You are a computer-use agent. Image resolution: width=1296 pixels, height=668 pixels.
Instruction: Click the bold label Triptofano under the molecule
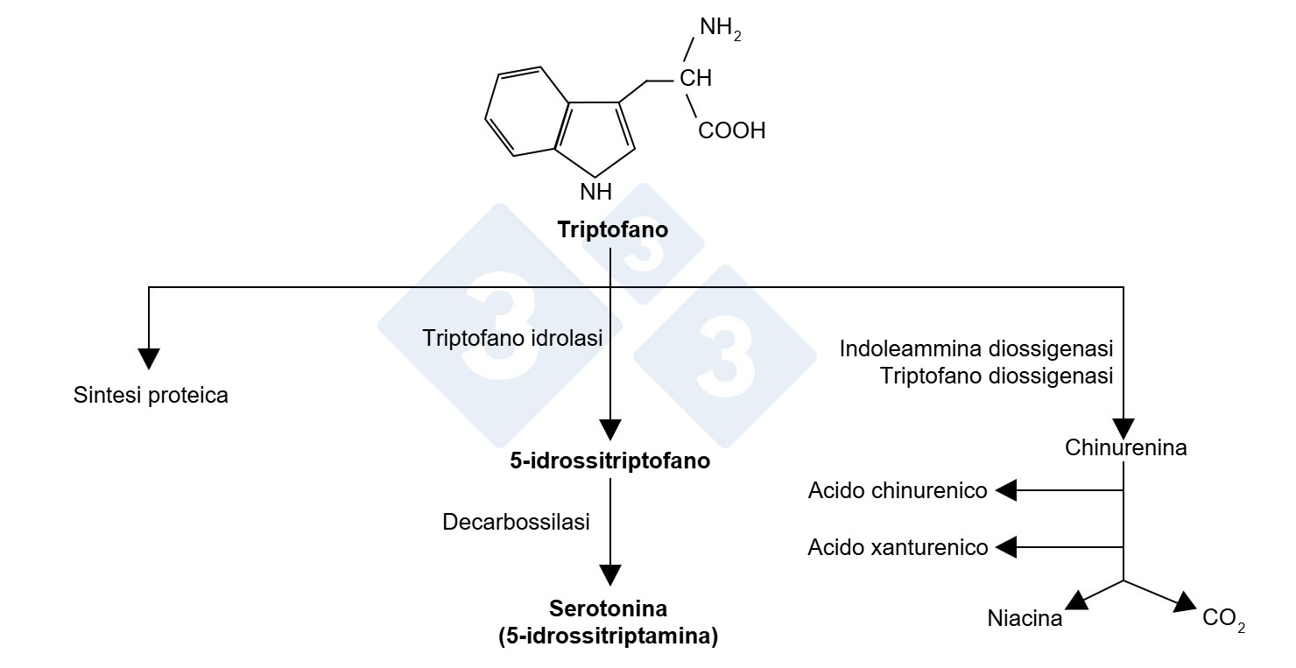[613, 230]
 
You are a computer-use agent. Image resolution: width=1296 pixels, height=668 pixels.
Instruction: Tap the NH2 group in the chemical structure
[721, 28]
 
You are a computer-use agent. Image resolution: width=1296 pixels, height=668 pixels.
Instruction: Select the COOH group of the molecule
[732, 130]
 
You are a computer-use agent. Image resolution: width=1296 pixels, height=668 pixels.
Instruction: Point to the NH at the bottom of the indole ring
[596, 192]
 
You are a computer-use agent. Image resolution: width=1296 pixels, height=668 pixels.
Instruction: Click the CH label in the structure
[695, 78]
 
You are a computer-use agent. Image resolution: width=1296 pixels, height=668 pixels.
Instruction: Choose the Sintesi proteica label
[151, 396]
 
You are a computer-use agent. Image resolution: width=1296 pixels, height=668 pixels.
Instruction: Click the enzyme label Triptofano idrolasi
[512, 338]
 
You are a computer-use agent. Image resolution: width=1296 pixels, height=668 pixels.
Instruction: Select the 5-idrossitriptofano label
[609, 461]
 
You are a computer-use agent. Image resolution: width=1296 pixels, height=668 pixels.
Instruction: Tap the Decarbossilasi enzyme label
[516, 522]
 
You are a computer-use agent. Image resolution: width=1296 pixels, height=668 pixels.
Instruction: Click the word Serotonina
[608, 608]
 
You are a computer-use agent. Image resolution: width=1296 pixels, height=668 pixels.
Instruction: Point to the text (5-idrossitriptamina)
[608, 636]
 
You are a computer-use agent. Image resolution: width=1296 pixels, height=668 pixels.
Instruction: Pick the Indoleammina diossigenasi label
[976, 348]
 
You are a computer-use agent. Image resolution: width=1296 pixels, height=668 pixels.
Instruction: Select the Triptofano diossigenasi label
[997, 376]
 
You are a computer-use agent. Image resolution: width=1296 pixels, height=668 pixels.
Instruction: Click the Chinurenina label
[1126, 447]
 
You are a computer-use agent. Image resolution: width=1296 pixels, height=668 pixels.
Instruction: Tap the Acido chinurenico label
[898, 490]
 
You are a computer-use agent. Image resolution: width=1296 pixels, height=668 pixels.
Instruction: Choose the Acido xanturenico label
[898, 547]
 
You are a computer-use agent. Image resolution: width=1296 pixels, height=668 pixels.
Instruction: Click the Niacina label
[1025, 619]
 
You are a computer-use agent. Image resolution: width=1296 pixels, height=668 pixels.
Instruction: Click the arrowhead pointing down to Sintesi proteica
[149, 359]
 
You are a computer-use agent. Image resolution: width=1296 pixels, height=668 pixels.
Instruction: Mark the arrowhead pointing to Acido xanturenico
[1006, 547]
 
